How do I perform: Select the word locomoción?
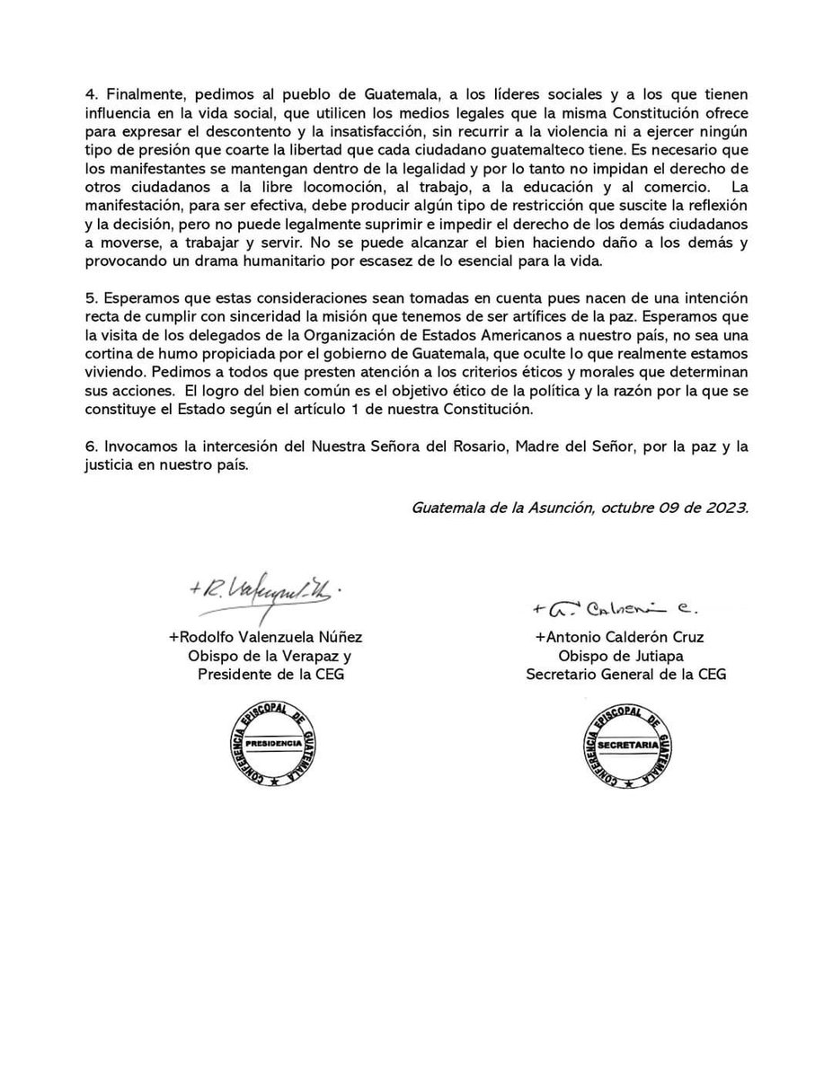(298, 188)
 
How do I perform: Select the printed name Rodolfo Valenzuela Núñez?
(265, 637)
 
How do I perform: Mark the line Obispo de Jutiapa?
(626, 655)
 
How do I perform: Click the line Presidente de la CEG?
(270, 674)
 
